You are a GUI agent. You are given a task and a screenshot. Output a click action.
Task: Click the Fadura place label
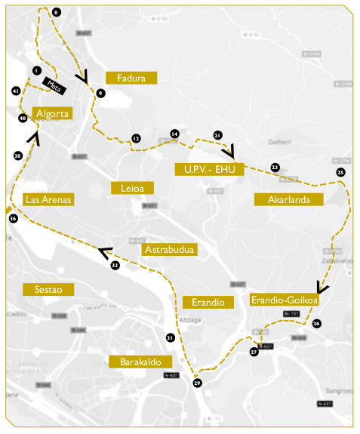pyautogui.click(x=131, y=77)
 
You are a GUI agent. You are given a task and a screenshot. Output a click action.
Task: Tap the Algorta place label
pyautogui.click(x=53, y=113)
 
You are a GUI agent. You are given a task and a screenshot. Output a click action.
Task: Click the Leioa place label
pyautogui.click(x=132, y=187)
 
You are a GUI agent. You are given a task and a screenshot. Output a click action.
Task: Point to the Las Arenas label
pyautogui.click(x=48, y=199)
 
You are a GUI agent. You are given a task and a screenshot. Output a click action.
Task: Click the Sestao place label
pyautogui.click(x=48, y=289)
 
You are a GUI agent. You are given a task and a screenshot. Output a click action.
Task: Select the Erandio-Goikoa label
pyautogui.click(x=284, y=300)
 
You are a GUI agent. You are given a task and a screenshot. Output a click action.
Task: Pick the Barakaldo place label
pyautogui.click(x=141, y=362)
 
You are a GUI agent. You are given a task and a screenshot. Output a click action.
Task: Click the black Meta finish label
pyautogui.click(x=54, y=85)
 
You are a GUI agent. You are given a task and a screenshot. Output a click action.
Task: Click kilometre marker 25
pyautogui.click(x=340, y=173)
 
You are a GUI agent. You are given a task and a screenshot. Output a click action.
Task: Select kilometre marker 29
pyautogui.click(x=198, y=383)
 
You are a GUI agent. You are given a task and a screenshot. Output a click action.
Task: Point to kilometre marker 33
pyautogui.click(x=115, y=266)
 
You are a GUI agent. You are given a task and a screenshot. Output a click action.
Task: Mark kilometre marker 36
pyautogui.click(x=13, y=218)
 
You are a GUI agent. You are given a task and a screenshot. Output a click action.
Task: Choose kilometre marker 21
pyautogui.click(x=217, y=135)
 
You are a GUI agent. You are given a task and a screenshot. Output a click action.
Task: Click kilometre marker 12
pyautogui.click(x=136, y=139)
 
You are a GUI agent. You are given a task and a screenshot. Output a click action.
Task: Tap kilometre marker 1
pyautogui.click(x=35, y=70)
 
